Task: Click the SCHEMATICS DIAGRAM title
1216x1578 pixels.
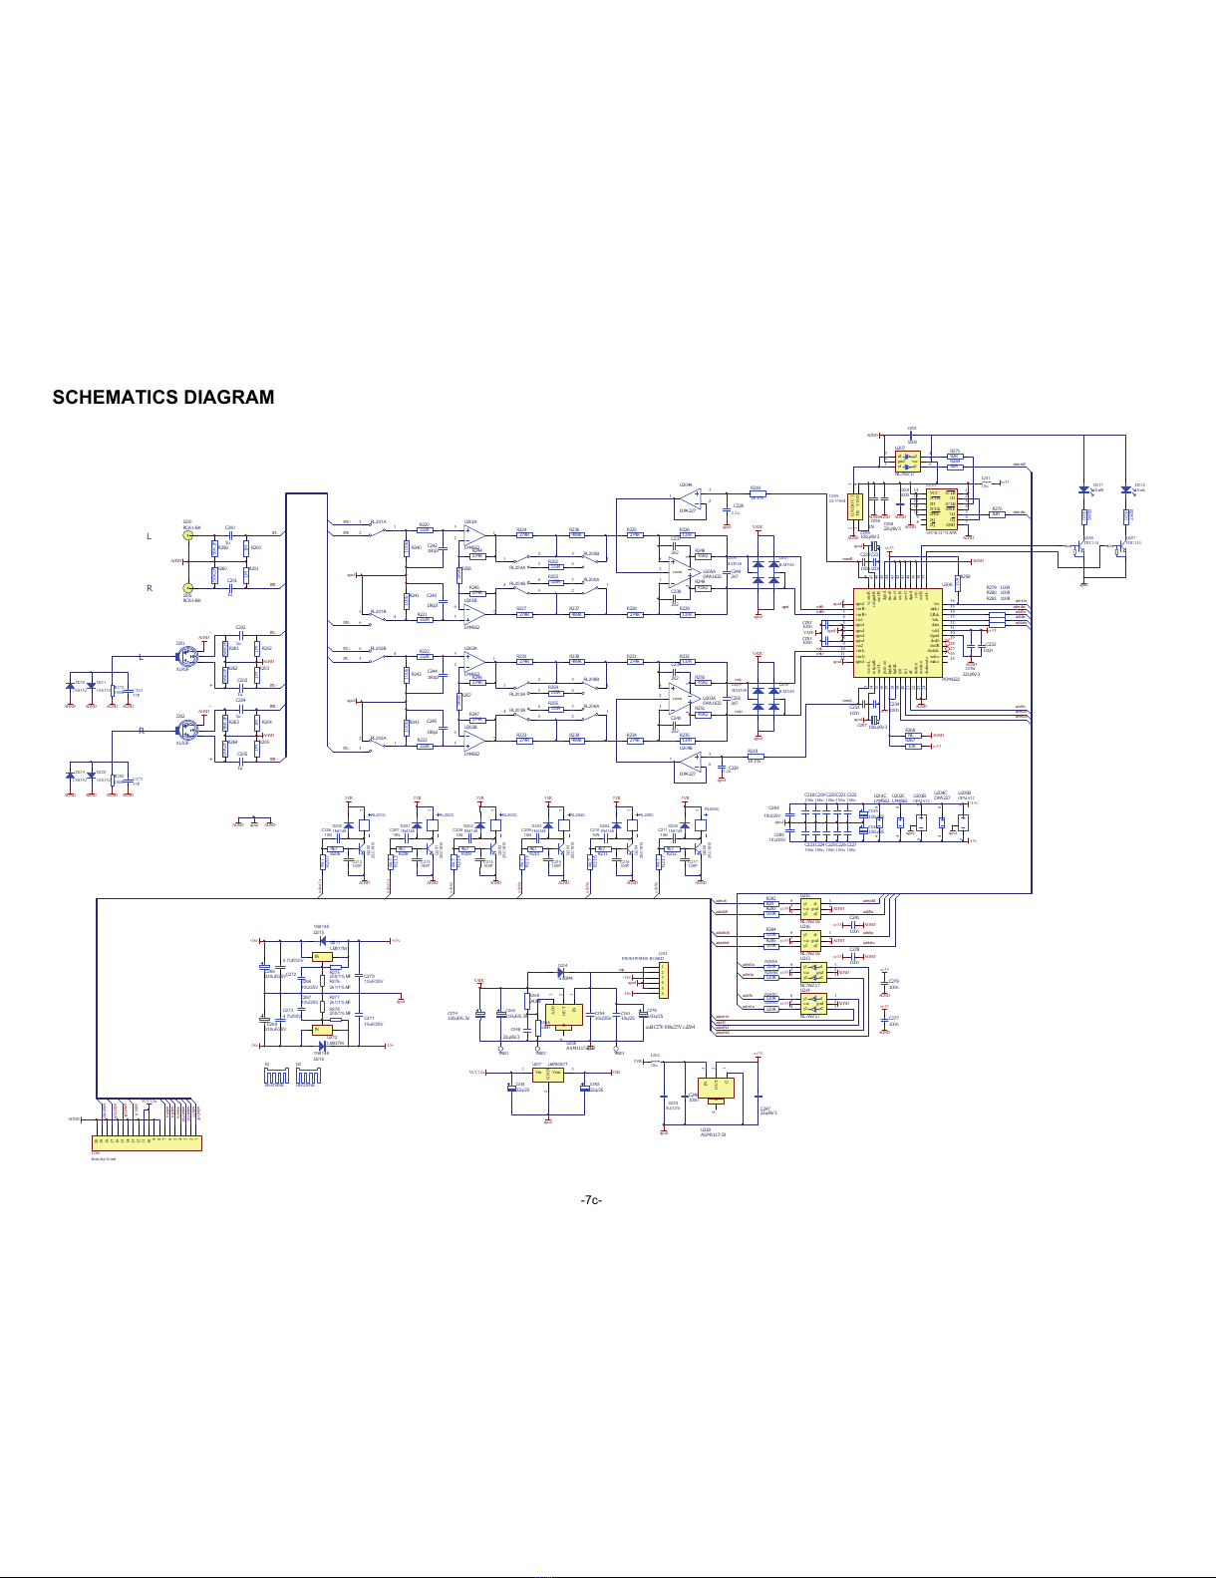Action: pos(162,398)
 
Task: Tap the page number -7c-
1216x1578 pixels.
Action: pos(591,1199)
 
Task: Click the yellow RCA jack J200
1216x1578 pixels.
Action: pos(186,535)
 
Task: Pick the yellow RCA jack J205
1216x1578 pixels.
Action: pos(186,588)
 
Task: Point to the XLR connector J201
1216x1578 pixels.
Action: pos(186,658)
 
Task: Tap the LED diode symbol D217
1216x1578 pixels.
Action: pos(1083,489)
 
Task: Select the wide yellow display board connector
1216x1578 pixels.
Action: pos(147,1142)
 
